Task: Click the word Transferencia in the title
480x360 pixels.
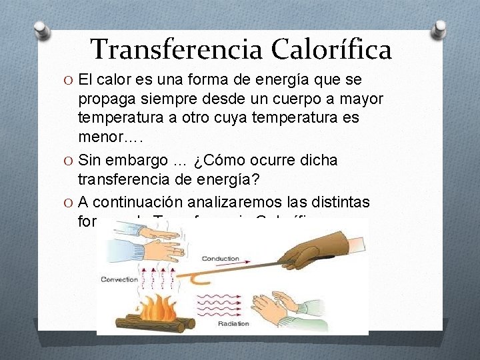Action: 175,49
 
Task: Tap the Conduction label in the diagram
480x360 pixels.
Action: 220,258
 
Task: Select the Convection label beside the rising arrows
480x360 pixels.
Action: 119,279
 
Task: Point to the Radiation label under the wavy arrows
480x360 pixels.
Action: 233,323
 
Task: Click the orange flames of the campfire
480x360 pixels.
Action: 154,307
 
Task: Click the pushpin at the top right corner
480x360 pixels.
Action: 439,29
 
